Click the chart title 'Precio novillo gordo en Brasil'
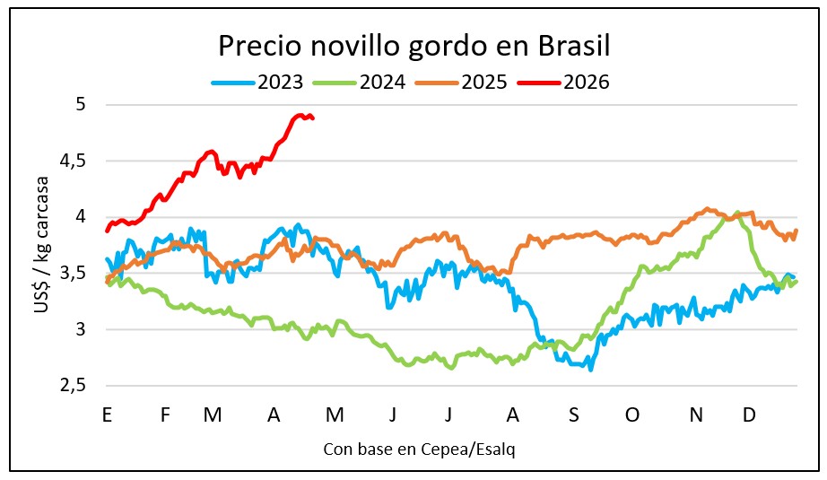coord(414,46)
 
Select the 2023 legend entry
coord(260,83)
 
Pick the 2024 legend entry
coord(361,83)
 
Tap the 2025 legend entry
coord(463,83)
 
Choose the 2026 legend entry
coord(565,83)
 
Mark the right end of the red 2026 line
coord(312,118)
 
